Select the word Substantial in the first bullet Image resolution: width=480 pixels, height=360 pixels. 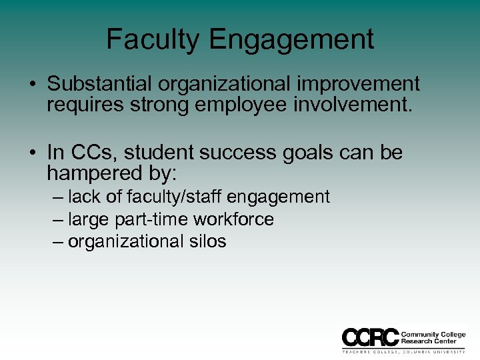[x=99, y=84]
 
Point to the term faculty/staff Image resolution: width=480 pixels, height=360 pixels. [x=179, y=197]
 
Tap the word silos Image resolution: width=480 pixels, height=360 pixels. [x=207, y=241]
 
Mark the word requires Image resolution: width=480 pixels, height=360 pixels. [x=77, y=105]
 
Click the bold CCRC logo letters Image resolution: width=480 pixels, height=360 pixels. [x=370, y=337]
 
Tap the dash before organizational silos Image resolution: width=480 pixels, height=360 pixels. [x=59, y=241]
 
